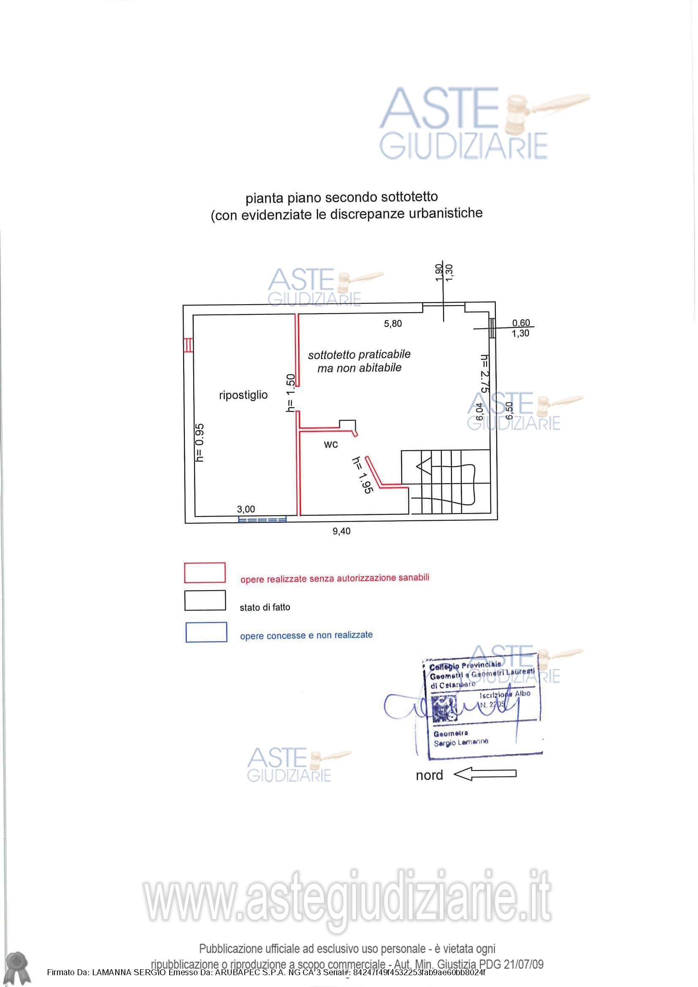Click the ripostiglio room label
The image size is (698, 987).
(243, 395)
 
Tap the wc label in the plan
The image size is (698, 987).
(330, 444)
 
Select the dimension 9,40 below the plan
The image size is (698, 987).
(341, 531)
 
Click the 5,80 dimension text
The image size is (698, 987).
(393, 324)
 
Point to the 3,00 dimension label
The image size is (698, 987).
(246, 509)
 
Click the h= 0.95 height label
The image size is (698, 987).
(200, 443)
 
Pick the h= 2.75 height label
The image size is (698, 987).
(484, 373)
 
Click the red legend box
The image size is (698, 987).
(205, 573)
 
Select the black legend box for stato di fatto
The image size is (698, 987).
(205, 600)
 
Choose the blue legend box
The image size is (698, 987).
(206, 633)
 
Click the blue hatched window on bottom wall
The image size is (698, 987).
(262, 520)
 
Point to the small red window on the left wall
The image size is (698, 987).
(187, 345)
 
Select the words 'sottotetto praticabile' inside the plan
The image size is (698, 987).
(359, 354)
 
